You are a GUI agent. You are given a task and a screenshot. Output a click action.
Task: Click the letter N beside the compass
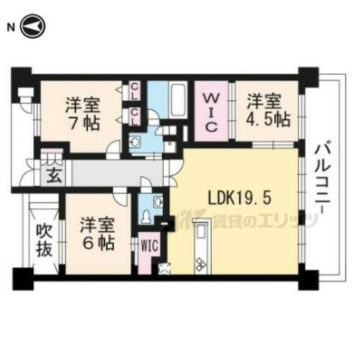[10, 27]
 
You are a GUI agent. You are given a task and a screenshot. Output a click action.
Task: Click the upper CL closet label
[135, 91]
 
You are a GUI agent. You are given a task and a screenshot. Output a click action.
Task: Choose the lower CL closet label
[135, 113]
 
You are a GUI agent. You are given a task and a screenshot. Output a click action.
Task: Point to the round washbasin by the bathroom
[135, 141]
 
